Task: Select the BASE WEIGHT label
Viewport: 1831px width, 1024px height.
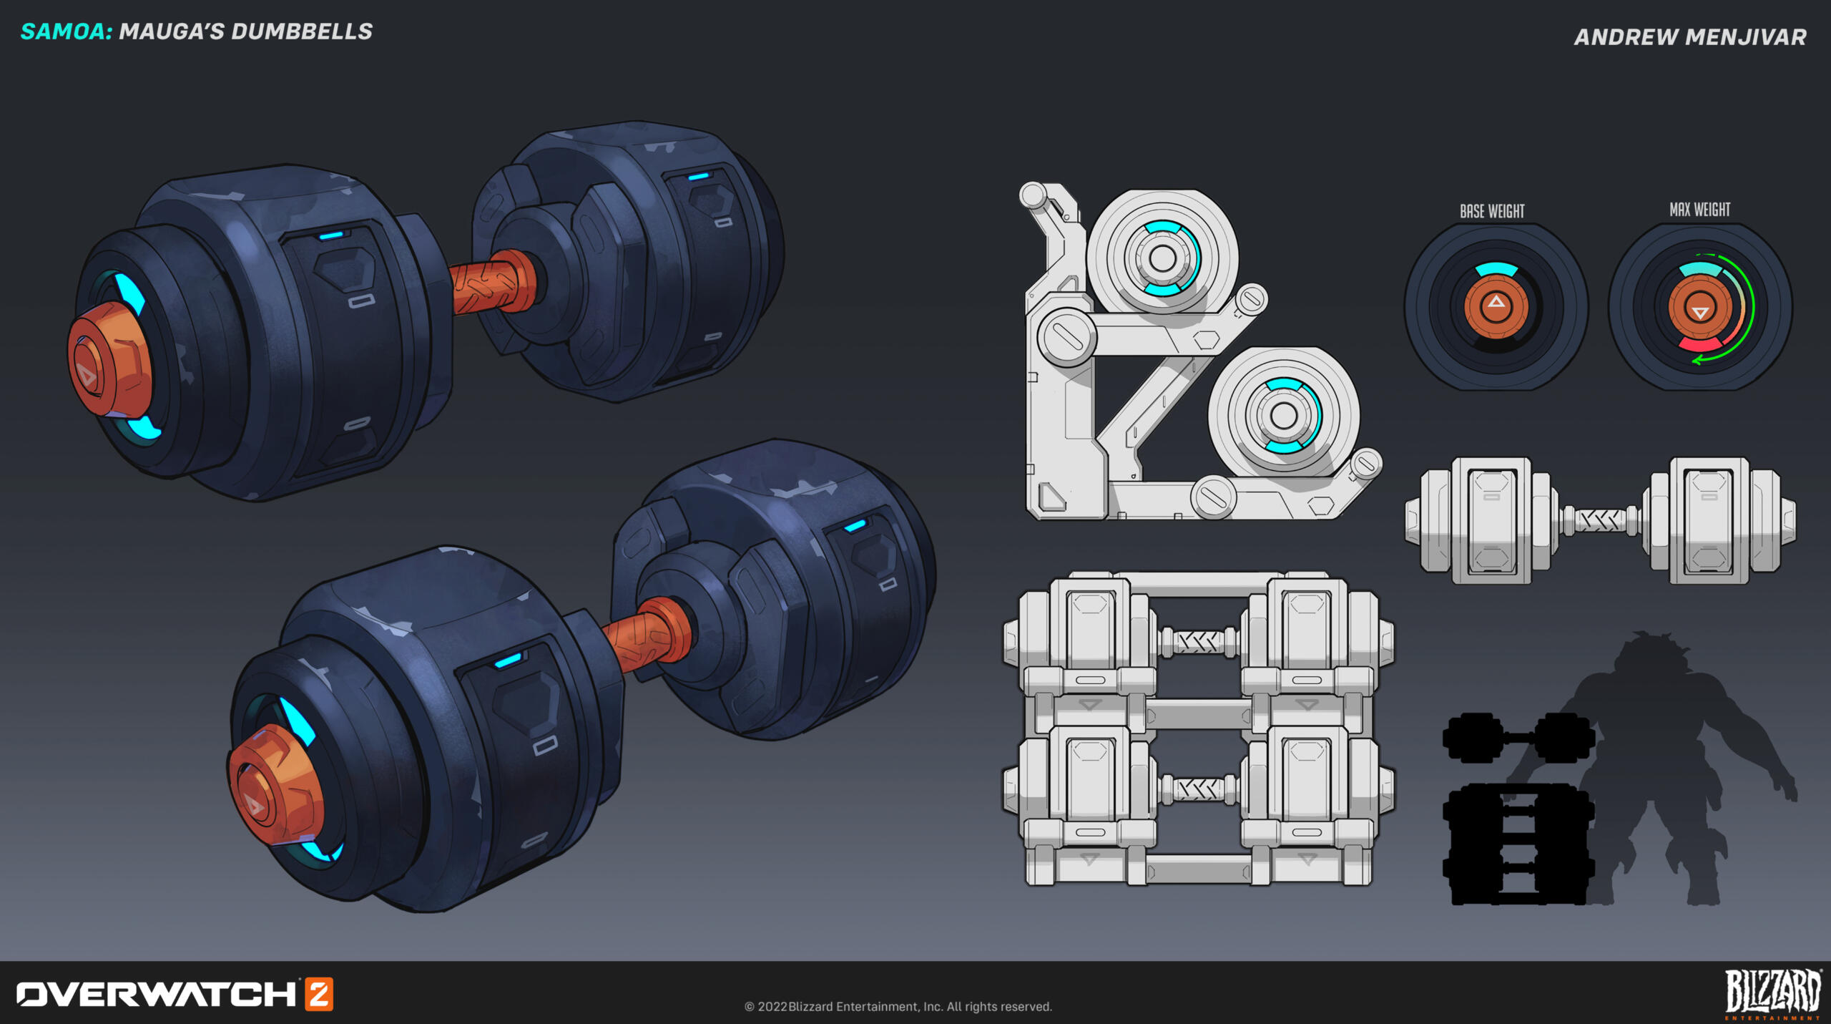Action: [x=1492, y=211]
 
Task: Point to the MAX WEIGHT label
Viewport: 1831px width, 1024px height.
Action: [x=1699, y=210]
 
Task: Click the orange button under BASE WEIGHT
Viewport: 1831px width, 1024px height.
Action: [x=1496, y=306]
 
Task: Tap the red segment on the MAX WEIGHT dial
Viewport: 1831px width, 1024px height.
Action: [x=1699, y=345]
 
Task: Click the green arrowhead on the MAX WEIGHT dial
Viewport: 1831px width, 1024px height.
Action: [x=1697, y=360]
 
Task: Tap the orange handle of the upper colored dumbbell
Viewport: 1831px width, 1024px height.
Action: [x=491, y=283]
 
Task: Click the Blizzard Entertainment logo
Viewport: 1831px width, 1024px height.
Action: [x=1772, y=993]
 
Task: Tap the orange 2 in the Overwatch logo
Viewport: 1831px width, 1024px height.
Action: [x=319, y=994]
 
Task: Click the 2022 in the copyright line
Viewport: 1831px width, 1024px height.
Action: [x=772, y=1007]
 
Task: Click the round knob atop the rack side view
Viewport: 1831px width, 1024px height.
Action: [x=1032, y=194]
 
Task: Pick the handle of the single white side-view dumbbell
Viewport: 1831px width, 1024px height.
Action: [x=1601, y=520]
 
